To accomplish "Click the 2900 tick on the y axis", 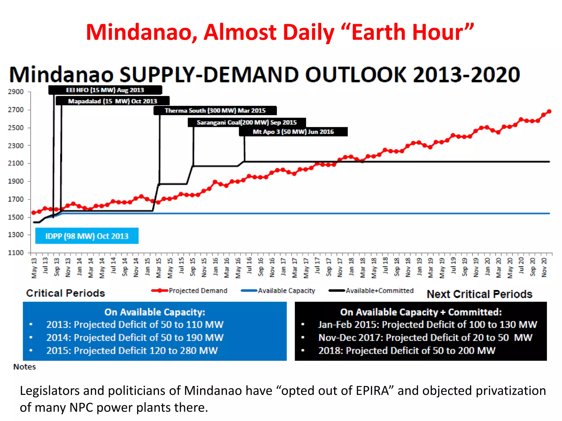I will pyautogui.click(x=16, y=92).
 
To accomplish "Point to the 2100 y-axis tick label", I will pyautogui.click(x=16, y=163).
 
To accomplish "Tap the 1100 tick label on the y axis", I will pyautogui.click(x=16, y=252).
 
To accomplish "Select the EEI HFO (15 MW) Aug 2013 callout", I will pyautogui.click(x=105, y=90).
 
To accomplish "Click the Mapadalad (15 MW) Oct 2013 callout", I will pyautogui.click(x=113, y=101).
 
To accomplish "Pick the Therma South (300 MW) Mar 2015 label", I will pyautogui.click(x=215, y=111).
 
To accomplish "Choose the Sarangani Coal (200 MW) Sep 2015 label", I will pyautogui.click(x=247, y=123).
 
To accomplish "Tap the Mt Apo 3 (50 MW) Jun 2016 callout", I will pyautogui.click(x=293, y=132).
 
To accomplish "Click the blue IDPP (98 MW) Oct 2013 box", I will pyautogui.click(x=87, y=236).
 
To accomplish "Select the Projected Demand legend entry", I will pyautogui.click(x=198, y=291).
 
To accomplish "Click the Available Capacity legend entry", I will pyautogui.click(x=286, y=291).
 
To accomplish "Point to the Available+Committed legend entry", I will pyautogui.click(x=379, y=291).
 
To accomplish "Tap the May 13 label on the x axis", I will pyautogui.click(x=34, y=268).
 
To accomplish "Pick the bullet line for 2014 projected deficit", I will pyautogui.click(x=135, y=338).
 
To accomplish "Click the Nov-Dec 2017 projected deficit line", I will pyautogui.click(x=425, y=338).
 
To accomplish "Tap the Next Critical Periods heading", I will pyautogui.click(x=479, y=294).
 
